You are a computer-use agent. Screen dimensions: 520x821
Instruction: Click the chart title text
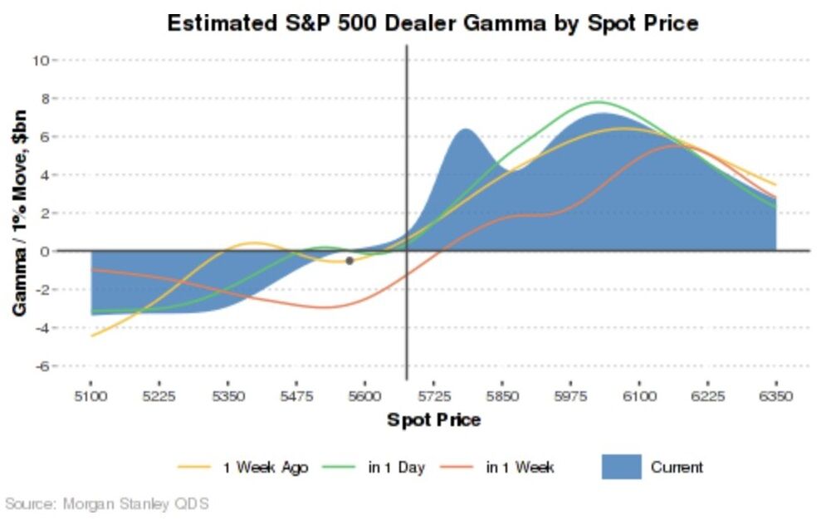click(x=432, y=22)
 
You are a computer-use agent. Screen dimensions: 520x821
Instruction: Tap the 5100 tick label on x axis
click(x=91, y=397)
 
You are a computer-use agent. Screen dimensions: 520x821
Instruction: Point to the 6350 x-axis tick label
click(x=776, y=397)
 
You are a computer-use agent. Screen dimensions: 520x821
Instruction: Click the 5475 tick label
click(x=297, y=397)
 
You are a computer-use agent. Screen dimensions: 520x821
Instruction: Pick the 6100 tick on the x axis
click(x=639, y=397)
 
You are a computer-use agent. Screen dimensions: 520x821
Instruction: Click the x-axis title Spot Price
click(x=433, y=420)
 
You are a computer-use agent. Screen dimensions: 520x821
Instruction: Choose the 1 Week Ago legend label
click(x=266, y=468)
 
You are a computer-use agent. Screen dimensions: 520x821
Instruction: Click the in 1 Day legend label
click(x=396, y=468)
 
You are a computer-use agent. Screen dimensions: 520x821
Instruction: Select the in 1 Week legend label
click(x=520, y=468)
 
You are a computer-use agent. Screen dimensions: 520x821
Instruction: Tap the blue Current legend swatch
click(x=621, y=467)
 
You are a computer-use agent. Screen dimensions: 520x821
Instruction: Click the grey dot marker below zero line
click(x=349, y=261)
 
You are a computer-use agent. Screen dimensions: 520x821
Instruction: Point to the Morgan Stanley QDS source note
click(x=107, y=503)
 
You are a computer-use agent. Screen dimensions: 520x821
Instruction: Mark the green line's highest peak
click(x=598, y=102)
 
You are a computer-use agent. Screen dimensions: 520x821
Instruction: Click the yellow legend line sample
click(x=195, y=468)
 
